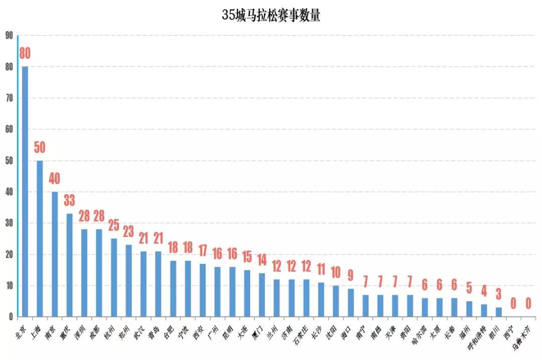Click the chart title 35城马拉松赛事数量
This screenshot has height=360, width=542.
pyautogui.click(x=271, y=15)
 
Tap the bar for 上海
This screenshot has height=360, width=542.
pyautogui.click(x=40, y=239)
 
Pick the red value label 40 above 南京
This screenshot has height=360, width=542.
pyautogui.click(x=54, y=178)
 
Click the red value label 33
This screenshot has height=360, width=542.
pyautogui.click(x=69, y=201)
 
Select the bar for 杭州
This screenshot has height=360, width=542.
pyautogui.click(x=113, y=278)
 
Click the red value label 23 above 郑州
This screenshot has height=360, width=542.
pyautogui.click(x=128, y=232)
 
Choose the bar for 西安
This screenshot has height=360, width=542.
pyautogui.click(x=202, y=290)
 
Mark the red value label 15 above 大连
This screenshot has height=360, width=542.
pyautogui.click(x=247, y=257)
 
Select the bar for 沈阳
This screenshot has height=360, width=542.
pyautogui.click(x=335, y=301)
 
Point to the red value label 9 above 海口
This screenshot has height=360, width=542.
pyautogui.click(x=350, y=275)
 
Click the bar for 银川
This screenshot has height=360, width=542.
pyautogui.click(x=498, y=312)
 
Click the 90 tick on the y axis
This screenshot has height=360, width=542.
pyautogui.click(x=9, y=36)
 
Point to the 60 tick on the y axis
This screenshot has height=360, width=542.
pyautogui.click(x=9, y=129)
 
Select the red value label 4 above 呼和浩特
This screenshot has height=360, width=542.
pyautogui.click(x=483, y=291)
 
